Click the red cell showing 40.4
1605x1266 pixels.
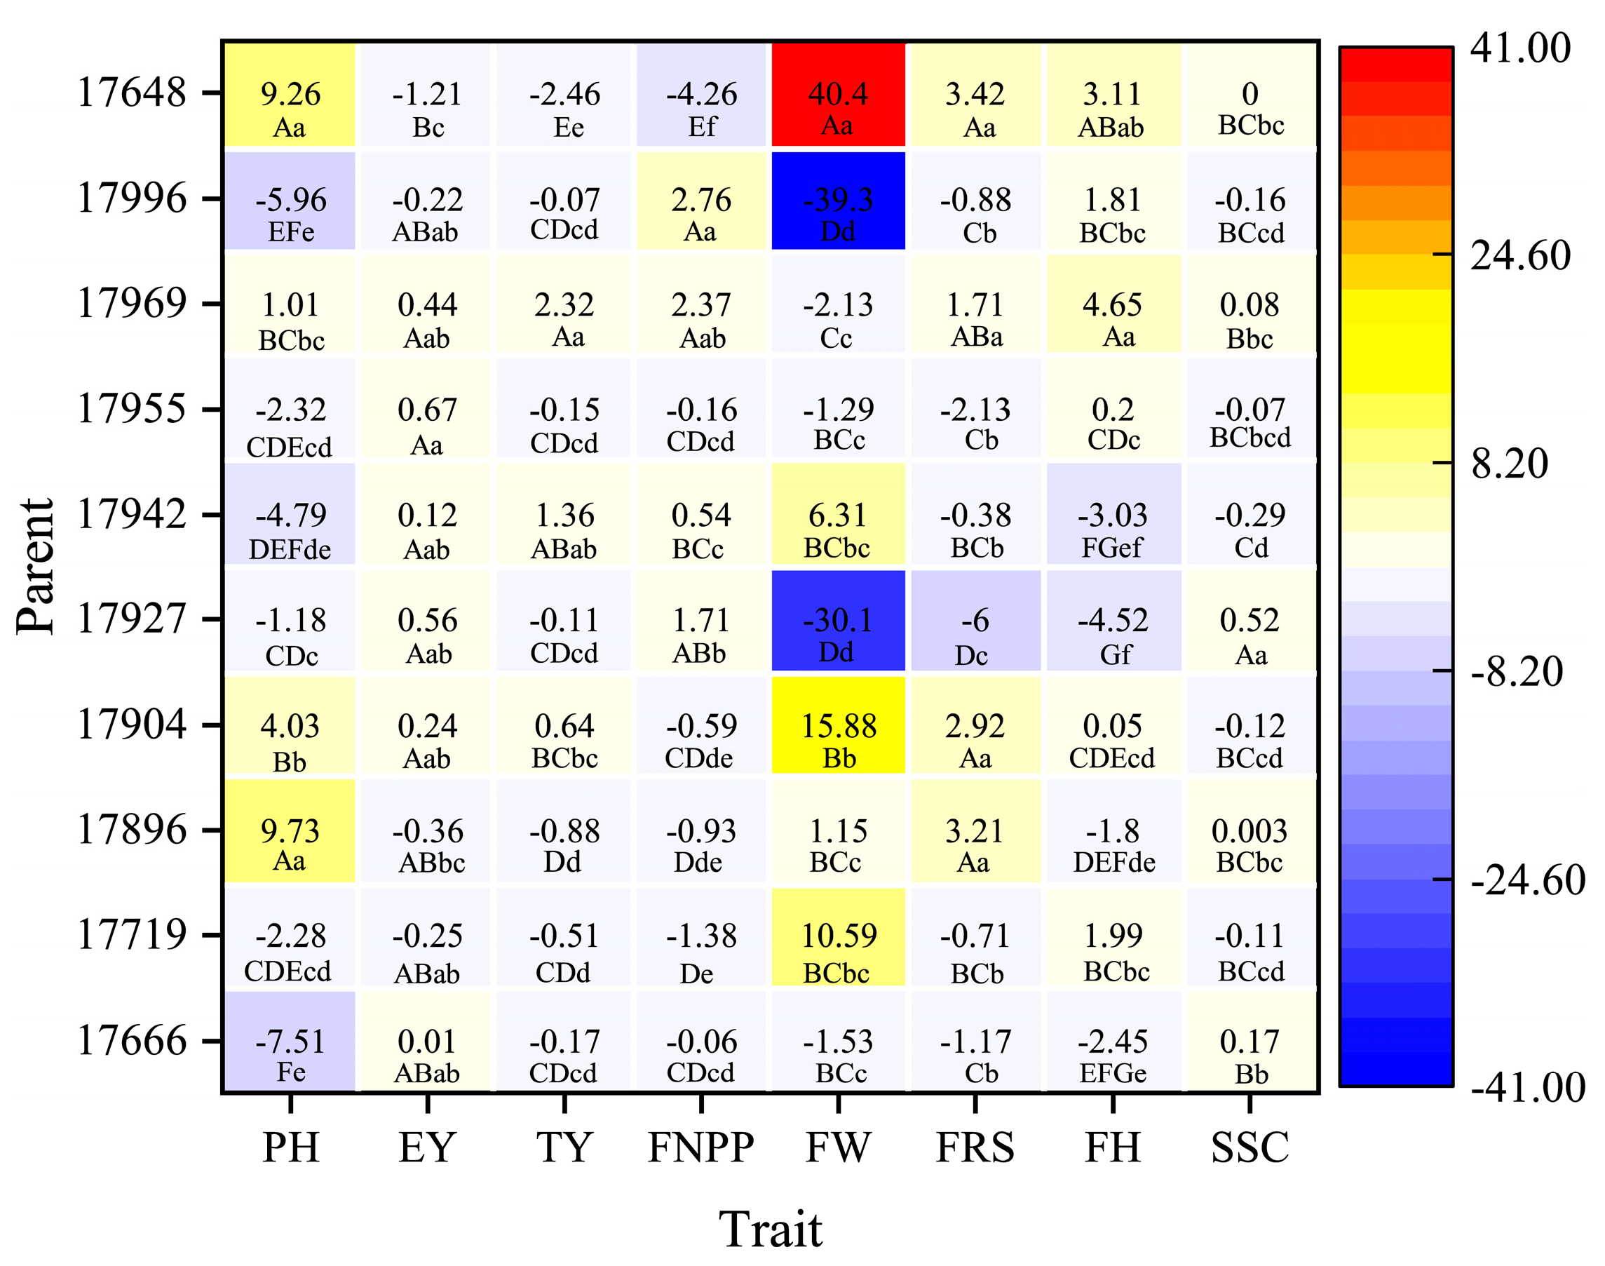coord(837,94)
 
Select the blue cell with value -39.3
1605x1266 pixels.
coord(837,200)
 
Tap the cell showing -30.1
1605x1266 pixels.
coord(837,621)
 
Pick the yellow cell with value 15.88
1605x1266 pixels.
coord(837,726)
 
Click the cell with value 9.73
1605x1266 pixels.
coord(290,831)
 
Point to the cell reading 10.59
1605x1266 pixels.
coord(837,936)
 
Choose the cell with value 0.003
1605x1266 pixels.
coord(1250,831)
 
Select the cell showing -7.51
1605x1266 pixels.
coord(290,1042)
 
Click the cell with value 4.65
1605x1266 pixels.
coord(1112,304)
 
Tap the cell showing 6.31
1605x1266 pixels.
coord(837,515)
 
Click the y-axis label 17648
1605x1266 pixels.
coord(132,93)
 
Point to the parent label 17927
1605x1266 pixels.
coord(132,619)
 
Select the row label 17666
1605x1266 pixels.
coord(132,1041)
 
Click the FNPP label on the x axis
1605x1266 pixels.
coord(701,1148)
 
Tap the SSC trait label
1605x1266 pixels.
coord(1250,1148)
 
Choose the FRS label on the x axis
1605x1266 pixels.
coord(975,1148)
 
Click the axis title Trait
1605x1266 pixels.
coord(771,1230)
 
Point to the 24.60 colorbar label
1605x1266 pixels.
coord(1519,256)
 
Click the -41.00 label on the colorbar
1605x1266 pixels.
coord(1527,1087)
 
